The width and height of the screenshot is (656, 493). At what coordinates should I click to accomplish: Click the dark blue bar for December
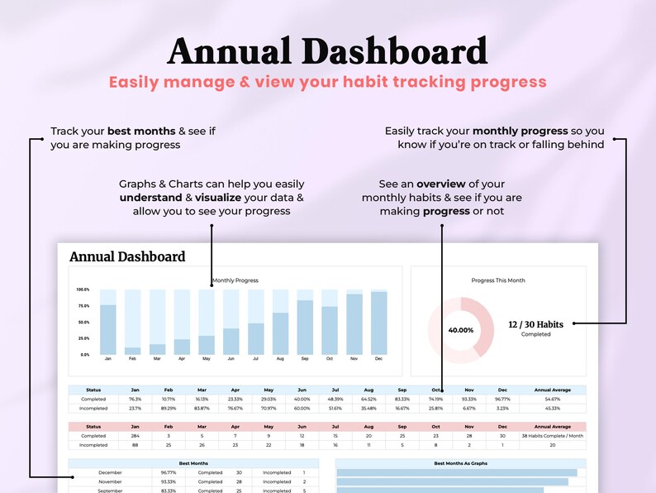tap(379, 323)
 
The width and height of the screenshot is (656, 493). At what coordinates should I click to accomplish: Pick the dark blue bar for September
tap(305, 328)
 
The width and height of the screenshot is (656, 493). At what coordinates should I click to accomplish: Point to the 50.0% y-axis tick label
tap(83, 322)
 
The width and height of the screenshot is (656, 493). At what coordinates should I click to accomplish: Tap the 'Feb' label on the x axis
tap(132, 359)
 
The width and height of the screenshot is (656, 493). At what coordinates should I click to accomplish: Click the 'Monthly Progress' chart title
tap(235, 280)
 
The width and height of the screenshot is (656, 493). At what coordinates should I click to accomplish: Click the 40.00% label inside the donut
tap(460, 329)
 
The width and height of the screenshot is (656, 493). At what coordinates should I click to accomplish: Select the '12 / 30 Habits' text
tap(535, 324)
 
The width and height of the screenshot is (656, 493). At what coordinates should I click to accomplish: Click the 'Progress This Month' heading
tap(498, 280)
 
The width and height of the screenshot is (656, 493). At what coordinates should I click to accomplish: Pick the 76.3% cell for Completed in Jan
tap(135, 399)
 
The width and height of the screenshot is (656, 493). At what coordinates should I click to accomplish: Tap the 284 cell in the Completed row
tap(135, 436)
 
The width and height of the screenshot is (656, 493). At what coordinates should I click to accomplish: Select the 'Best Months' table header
tap(193, 463)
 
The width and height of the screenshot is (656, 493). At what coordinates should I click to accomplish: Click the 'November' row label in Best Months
tap(110, 481)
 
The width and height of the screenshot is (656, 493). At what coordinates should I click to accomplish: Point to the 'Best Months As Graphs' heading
tap(461, 463)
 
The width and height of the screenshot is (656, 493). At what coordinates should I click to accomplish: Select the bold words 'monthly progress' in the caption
tap(520, 131)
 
